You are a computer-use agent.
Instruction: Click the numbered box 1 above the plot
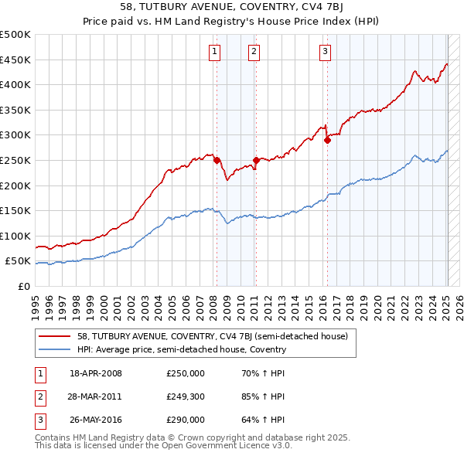pos(213,52)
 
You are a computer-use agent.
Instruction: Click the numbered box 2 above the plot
pos(254,52)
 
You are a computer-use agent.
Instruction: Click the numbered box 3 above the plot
pos(325,52)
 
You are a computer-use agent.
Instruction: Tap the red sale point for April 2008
pos(217,160)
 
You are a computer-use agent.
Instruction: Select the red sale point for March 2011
pos(256,161)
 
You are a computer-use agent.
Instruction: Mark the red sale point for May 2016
pos(327,140)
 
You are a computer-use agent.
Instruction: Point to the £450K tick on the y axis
pos(15,60)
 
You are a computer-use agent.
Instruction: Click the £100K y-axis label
pos(15,236)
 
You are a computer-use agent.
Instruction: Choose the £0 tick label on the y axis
pos(25,286)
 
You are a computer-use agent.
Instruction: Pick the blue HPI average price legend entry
pos(181,349)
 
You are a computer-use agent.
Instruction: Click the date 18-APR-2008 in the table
pos(96,373)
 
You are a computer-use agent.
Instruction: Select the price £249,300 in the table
pos(186,396)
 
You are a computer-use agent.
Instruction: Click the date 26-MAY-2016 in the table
pos(96,420)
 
